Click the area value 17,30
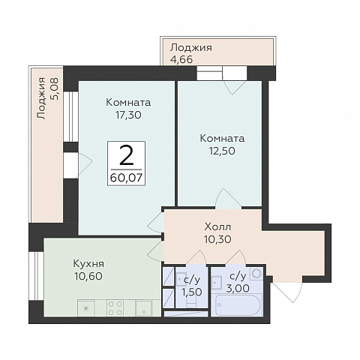(x=128, y=115)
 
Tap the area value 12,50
(x=222, y=151)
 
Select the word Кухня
(x=88, y=264)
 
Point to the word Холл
(x=217, y=227)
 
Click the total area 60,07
(x=126, y=178)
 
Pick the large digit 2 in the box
(x=126, y=156)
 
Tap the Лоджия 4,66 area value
(x=181, y=60)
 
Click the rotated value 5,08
(x=54, y=89)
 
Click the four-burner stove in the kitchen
(x=115, y=308)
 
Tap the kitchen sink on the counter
(x=143, y=308)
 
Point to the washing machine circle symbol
(x=256, y=274)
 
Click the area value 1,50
(x=192, y=292)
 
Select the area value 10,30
(x=217, y=239)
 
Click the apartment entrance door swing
(x=287, y=289)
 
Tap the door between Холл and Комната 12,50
(x=228, y=199)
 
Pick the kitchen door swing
(x=156, y=250)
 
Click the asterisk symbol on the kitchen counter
(x=85, y=308)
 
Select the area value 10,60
(x=88, y=276)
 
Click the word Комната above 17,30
(x=128, y=103)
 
